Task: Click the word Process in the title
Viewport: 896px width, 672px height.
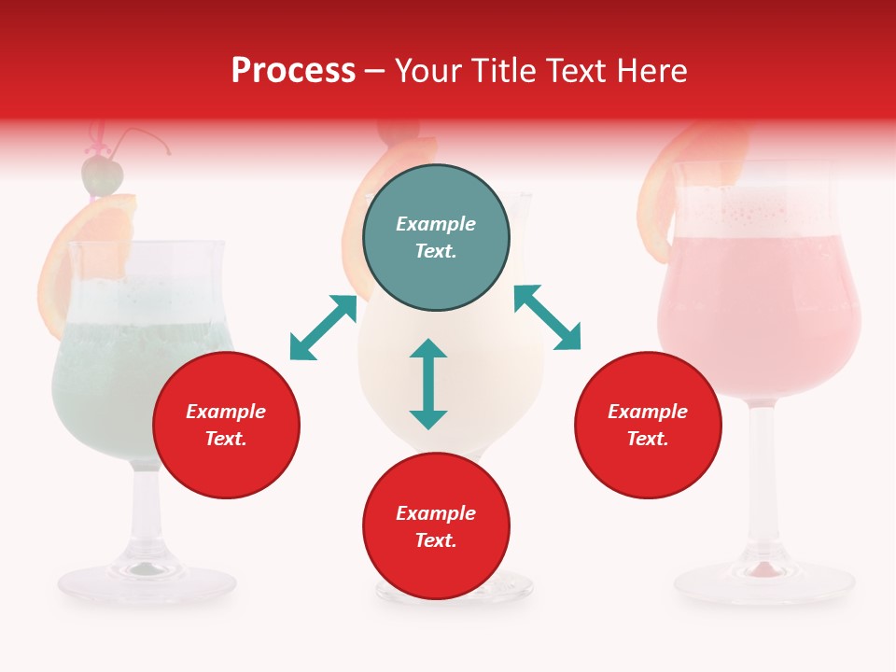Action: (x=293, y=71)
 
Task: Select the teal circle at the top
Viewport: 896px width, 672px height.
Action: (x=436, y=238)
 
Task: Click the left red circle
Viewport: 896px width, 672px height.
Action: (x=226, y=425)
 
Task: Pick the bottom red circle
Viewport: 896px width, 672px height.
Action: (x=436, y=526)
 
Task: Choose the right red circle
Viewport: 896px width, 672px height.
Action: (x=647, y=425)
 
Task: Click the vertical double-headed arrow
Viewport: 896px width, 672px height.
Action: (x=428, y=384)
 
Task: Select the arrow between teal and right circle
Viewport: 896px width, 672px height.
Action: (x=547, y=317)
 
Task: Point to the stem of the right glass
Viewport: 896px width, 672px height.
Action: (x=763, y=476)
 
